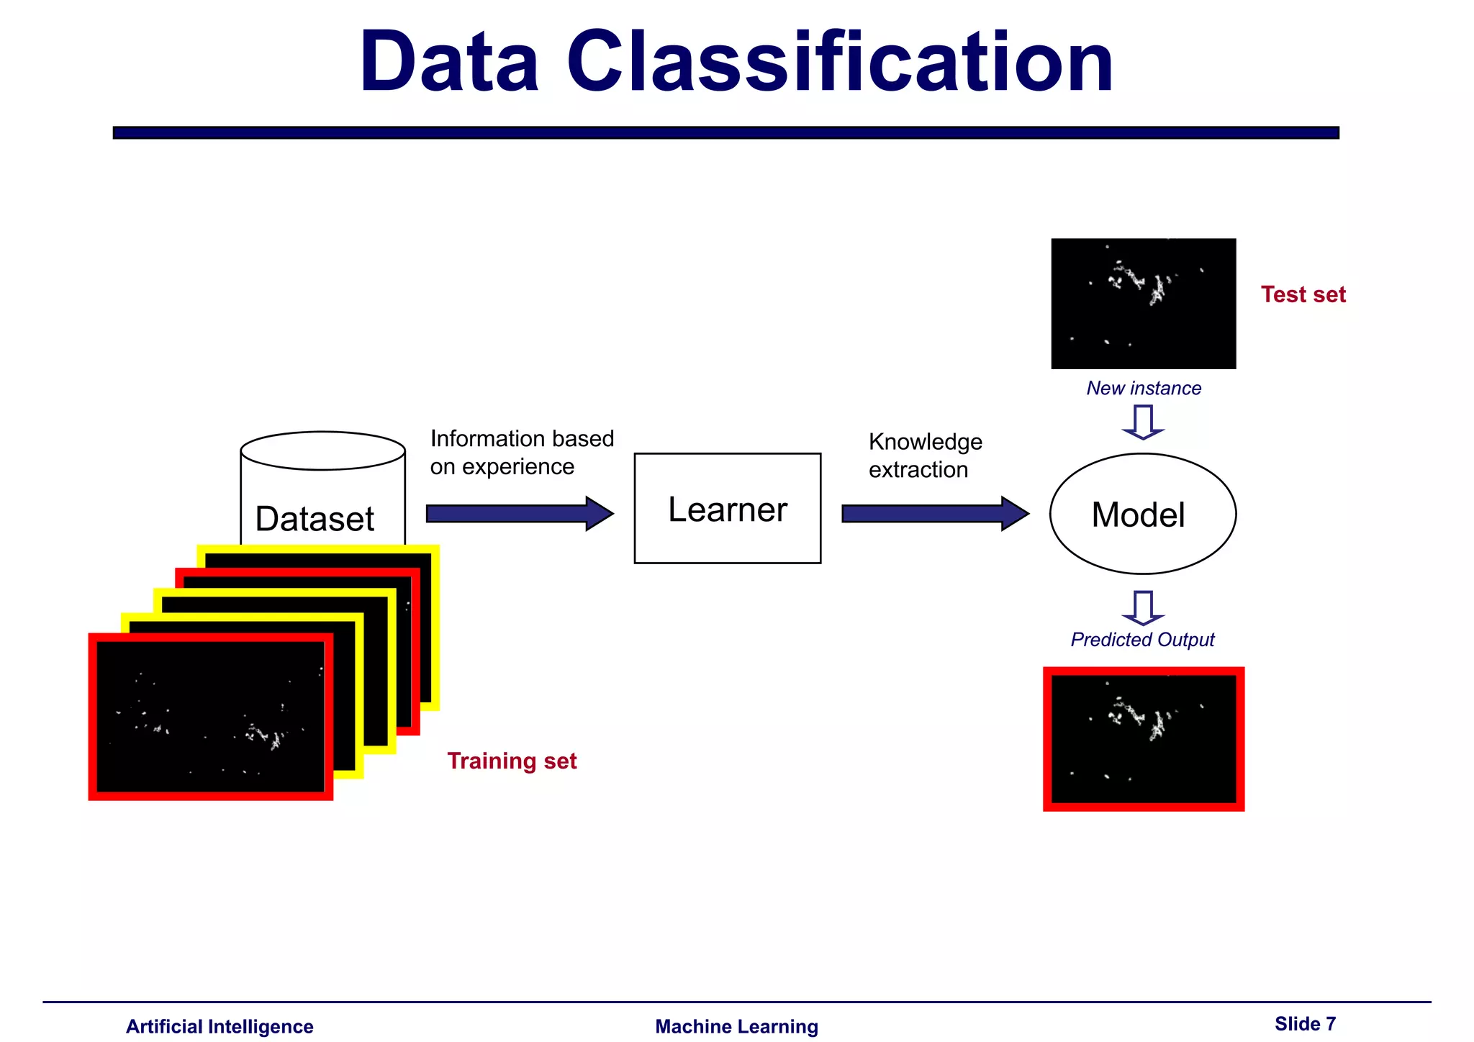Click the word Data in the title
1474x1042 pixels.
tap(449, 63)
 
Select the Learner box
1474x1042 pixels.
tap(727, 508)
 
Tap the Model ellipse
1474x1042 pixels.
tap(1142, 514)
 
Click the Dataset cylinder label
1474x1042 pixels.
tap(315, 519)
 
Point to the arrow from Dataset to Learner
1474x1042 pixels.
tap(519, 514)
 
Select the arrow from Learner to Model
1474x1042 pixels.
tap(934, 514)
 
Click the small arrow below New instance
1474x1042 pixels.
tap(1143, 422)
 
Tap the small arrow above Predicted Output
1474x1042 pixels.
tap(1143, 607)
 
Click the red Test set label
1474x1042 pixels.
tap(1303, 294)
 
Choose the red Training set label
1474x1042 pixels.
tap(512, 761)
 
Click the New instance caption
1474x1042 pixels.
tap(1144, 389)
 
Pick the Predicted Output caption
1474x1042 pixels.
tap(1142, 640)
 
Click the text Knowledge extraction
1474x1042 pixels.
tap(925, 456)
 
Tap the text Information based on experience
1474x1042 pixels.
tap(521, 453)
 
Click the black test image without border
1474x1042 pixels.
tap(1143, 304)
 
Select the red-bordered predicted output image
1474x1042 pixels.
tap(1143, 739)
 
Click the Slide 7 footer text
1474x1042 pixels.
tap(1305, 1024)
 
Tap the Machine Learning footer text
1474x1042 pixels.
tap(736, 1027)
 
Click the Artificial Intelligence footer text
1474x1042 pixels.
tap(220, 1027)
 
